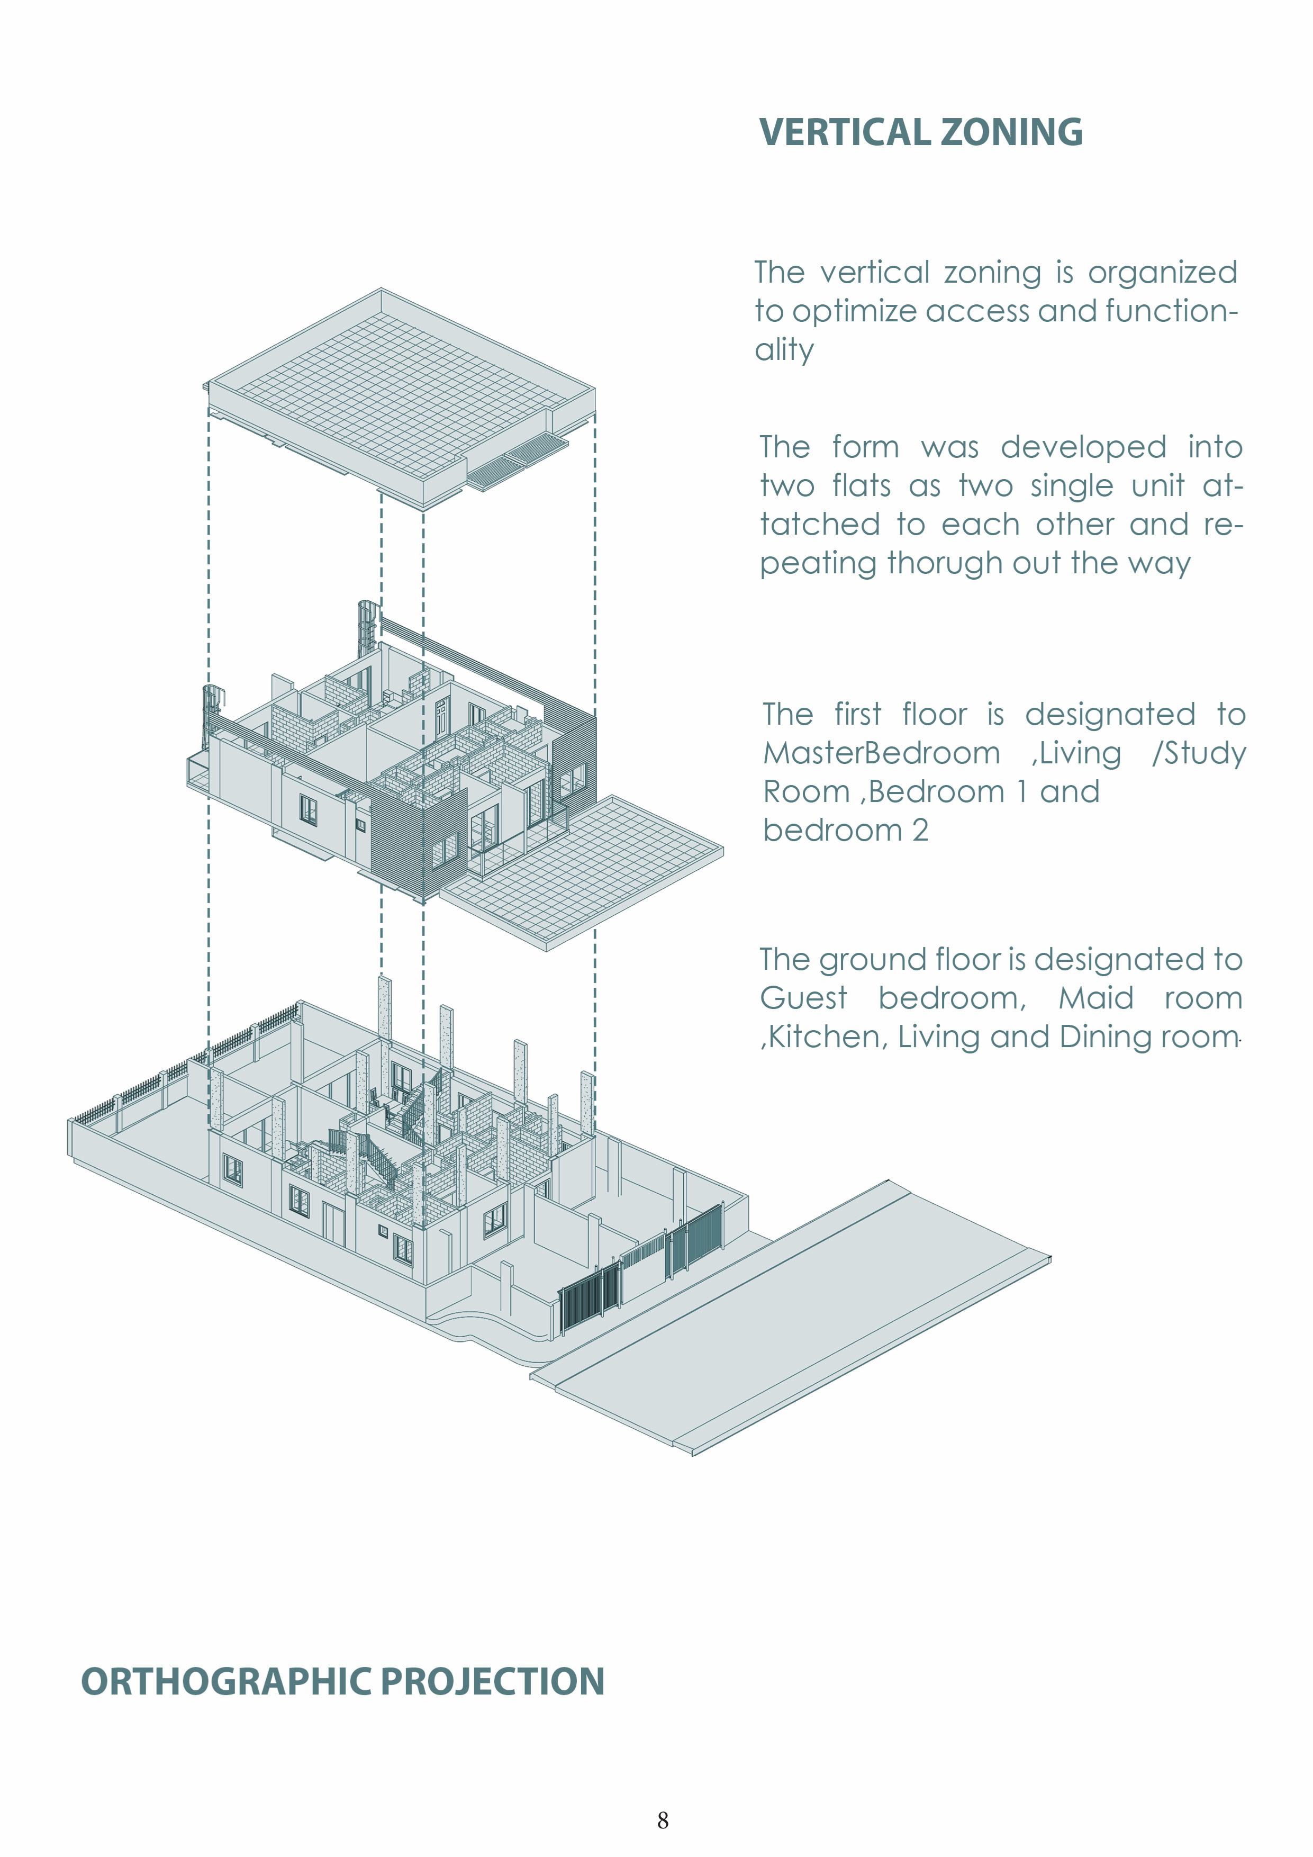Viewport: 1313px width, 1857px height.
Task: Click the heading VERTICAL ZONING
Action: tap(920, 133)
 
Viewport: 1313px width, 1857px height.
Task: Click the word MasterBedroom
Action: tap(881, 753)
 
